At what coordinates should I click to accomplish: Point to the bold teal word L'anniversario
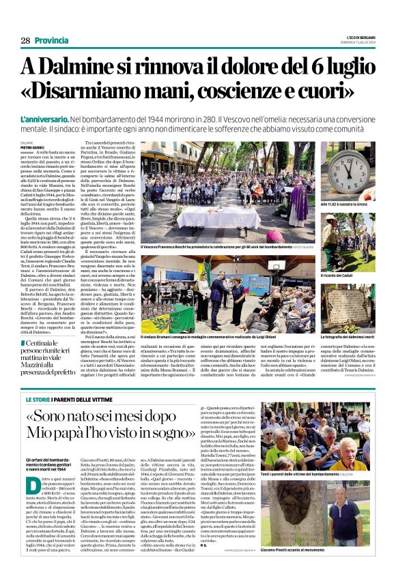click(x=65, y=118)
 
